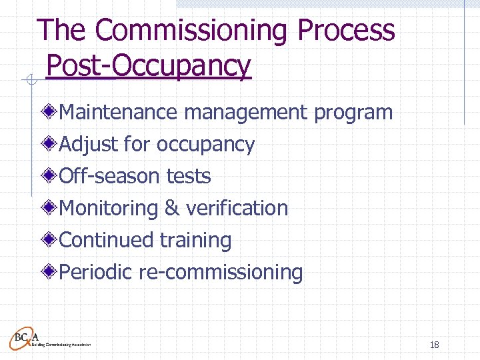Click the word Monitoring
[109, 209]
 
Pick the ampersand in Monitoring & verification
[171, 208]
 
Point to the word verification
[237, 208]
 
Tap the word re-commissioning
[221, 273]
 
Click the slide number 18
[434, 345]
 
